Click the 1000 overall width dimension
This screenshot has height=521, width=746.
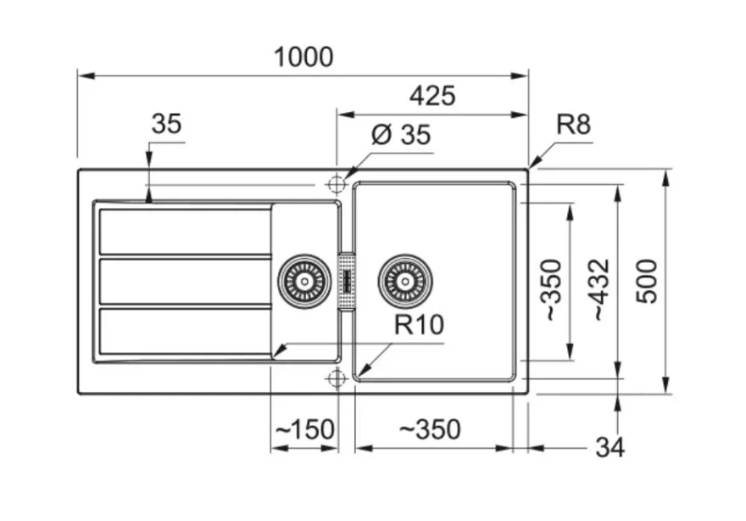point(303,57)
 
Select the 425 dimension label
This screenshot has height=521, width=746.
point(432,96)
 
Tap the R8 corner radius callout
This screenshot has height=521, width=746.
point(573,125)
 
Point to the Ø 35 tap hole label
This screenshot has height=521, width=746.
point(401,134)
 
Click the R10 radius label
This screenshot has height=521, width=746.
point(419,324)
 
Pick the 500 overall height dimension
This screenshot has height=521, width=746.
point(647,281)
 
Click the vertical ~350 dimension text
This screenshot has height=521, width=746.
point(552,289)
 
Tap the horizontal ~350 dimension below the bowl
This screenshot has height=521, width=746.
point(430,429)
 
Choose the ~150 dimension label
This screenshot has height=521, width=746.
point(305,429)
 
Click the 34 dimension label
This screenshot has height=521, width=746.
point(610,448)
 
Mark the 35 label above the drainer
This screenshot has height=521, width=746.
point(166,124)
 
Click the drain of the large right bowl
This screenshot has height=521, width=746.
point(405,281)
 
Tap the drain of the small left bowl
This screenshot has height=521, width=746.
point(304,281)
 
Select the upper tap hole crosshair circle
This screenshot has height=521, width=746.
point(337,184)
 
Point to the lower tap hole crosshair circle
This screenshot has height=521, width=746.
point(337,378)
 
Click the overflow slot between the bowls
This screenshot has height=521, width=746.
point(347,281)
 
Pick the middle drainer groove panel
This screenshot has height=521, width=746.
point(186,282)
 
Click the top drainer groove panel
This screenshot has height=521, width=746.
point(186,232)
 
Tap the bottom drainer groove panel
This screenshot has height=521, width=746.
point(186,332)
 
